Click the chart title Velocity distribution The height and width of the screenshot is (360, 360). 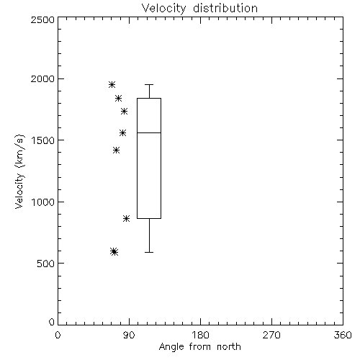click(199, 8)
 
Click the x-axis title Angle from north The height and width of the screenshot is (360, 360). click(199, 347)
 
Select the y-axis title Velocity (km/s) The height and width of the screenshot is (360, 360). click(19, 171)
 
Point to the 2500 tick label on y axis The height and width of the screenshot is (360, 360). click(42, 19)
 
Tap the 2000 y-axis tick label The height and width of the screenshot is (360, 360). click(42, 78)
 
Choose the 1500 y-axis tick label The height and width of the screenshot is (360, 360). click(43, 140)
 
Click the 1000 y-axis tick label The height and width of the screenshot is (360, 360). click(43, 202)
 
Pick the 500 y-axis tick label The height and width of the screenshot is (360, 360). click(46, 264)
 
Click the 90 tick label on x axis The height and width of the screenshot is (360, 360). click(129, 335)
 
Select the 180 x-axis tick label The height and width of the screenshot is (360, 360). click(200, 335)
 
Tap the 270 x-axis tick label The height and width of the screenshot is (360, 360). click(271, 335)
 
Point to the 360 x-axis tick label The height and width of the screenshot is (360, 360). click(343, 335)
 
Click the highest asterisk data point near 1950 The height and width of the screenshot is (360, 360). click(112, 84)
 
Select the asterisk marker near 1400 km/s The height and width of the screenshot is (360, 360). click(116, 150)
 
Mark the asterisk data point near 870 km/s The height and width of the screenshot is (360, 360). click(127, 218)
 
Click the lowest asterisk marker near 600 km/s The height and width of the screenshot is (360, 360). click(114, 252)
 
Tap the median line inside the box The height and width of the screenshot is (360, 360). click(149, 132)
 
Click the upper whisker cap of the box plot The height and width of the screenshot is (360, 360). click(149, 84)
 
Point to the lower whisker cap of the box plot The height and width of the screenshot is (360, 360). click(149, 252)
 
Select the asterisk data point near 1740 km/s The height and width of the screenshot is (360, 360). click(124, 111)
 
